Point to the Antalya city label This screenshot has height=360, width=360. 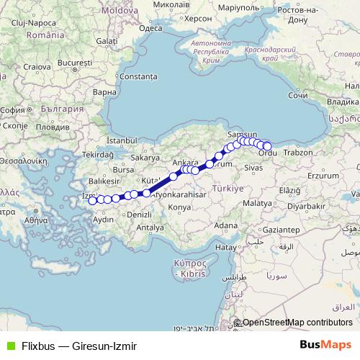pos(150,227)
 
